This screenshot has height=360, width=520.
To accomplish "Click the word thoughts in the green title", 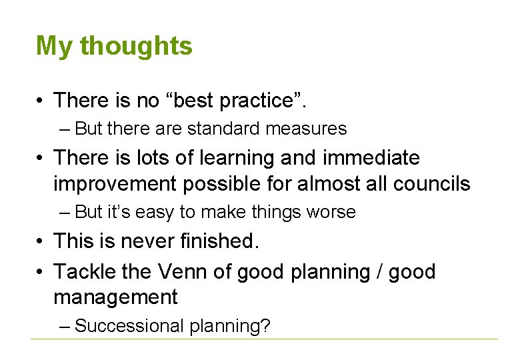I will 136,47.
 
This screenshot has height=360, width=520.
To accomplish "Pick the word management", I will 115,297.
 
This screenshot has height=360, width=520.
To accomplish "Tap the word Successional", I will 130,326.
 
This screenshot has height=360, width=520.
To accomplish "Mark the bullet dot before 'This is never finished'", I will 42,241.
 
